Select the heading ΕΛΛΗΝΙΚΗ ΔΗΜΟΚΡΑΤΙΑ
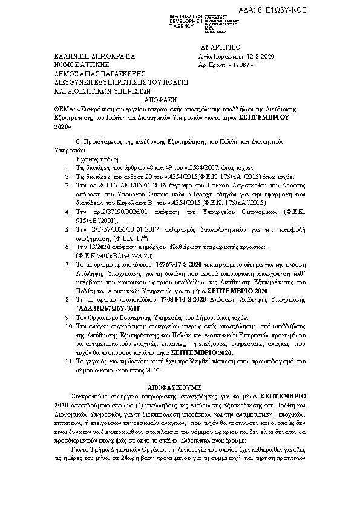tap(91, 56)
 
